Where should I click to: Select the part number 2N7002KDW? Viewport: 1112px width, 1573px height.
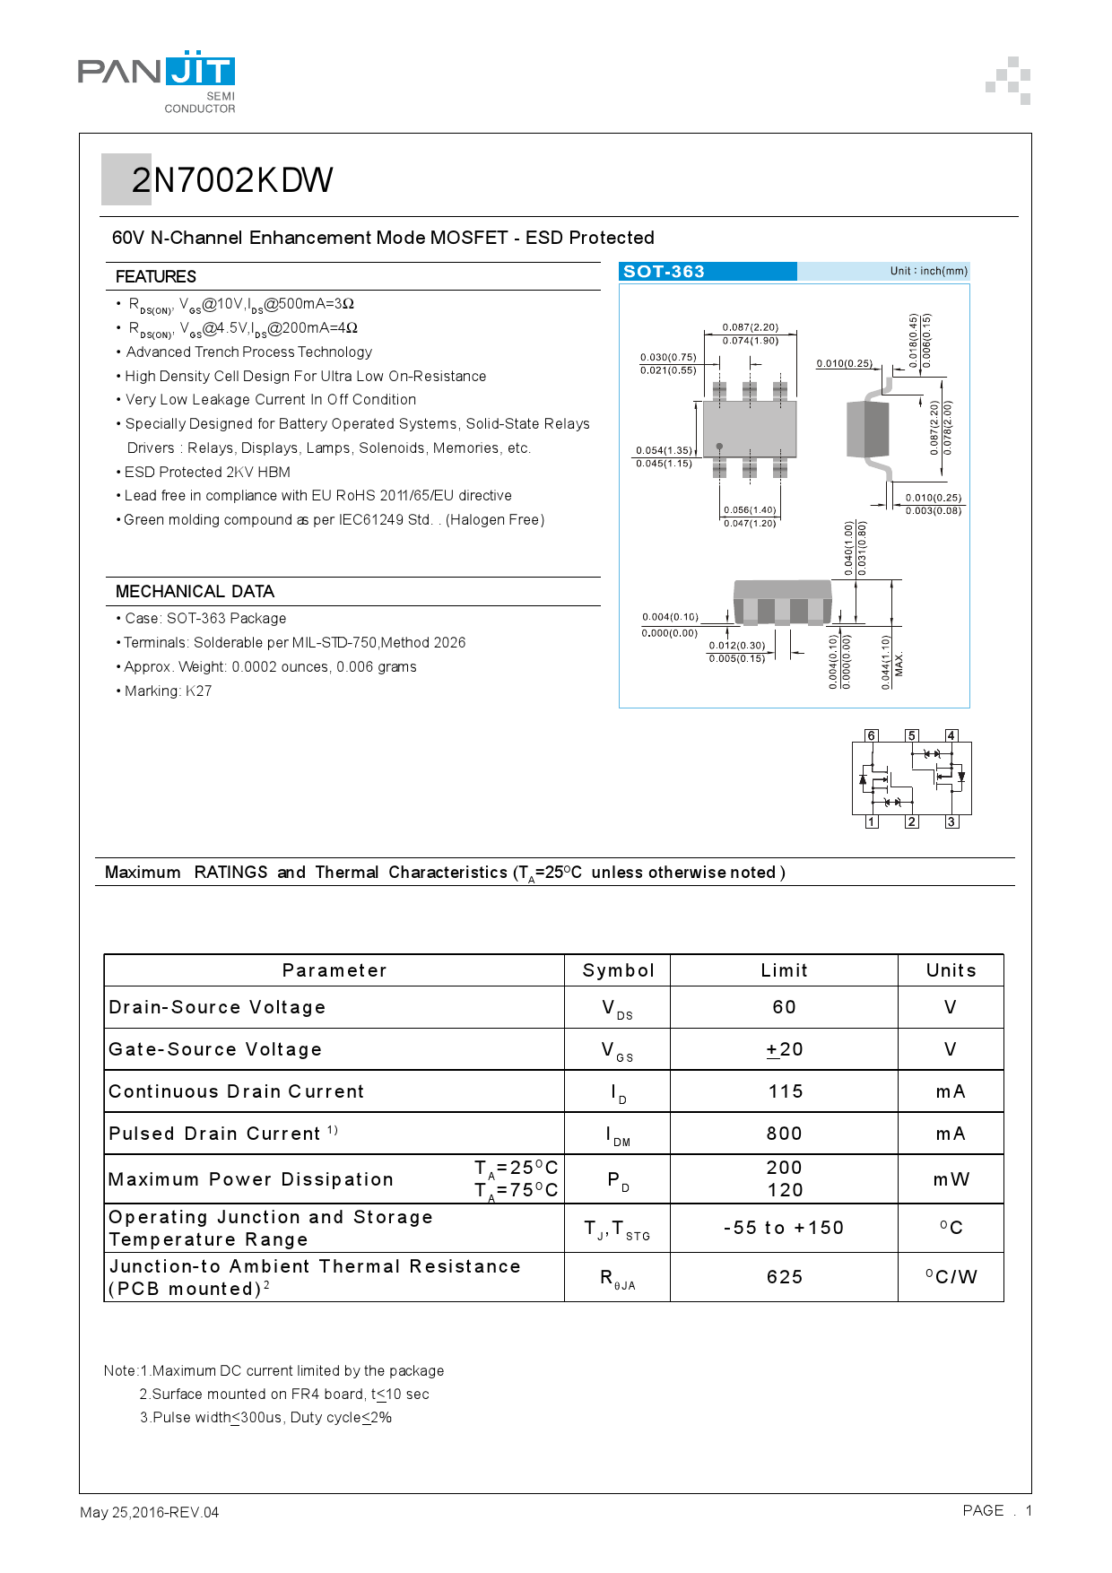[x=232, y=180]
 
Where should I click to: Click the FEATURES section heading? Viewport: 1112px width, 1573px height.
[x=156, y=276]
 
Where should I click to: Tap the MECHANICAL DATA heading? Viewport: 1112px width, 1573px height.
[x=195, y=591]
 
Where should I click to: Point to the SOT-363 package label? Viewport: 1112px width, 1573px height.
[x=664, y=272]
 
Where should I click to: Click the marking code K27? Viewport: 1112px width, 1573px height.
[x=198, y=691]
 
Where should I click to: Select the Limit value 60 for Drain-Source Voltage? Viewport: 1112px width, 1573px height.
[x=784, y=1007]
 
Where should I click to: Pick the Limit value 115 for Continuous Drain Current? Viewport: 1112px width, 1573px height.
[x=785, y=1091]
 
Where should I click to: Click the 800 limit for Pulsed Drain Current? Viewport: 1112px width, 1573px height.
[x=784, y=1134]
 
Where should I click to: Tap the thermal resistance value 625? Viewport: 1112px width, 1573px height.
[x=784, y=1277]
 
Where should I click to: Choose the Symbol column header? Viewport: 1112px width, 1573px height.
[x=618, y=970]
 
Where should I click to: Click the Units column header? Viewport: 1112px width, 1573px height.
[x=951, y=970]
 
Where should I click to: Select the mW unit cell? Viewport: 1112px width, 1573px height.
[x=951, y=1179]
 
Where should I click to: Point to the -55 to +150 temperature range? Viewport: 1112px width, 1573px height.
[x=784, y=1228]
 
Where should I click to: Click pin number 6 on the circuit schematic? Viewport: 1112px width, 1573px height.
[x=871, y=735]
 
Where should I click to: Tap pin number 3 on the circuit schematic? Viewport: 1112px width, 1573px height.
[x=951, y=821]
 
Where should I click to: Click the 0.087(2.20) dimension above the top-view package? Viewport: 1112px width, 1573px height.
[x=751, y=327]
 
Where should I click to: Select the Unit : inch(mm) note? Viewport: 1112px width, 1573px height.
[x=928, y=271]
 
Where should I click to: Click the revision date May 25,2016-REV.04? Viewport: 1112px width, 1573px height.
[x=150, y=1512]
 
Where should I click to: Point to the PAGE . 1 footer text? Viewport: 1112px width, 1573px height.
[x=997, y=1510]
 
